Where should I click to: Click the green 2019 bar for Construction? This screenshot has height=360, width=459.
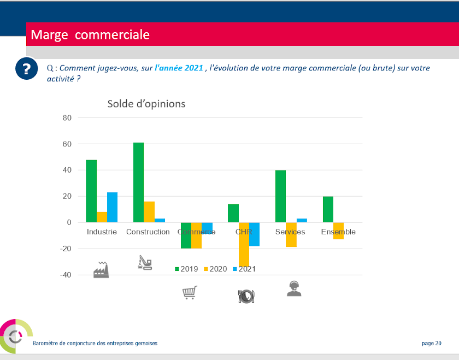pos(138,182)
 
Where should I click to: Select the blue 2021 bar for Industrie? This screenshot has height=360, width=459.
pos(112,207)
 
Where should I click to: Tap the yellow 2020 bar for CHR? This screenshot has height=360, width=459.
pos(244,244)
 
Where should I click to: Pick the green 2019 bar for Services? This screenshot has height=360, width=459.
pos(280,196)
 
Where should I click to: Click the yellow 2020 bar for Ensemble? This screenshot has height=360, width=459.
pos(338,231)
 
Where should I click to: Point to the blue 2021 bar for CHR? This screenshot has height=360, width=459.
pos(254,234)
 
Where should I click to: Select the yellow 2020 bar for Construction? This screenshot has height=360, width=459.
pos(149,212)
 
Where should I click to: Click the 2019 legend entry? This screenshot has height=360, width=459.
pos(186,269)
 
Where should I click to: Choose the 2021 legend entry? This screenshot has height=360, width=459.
pos(244,269)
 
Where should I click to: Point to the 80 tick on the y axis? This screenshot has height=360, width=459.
pos(67,118)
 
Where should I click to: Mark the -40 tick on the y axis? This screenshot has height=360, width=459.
pos(66,275)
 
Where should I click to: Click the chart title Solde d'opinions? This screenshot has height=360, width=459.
pos(146,104)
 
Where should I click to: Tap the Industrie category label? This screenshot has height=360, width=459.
pos(102,232)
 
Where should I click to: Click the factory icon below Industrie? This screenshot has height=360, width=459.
pos(101,269)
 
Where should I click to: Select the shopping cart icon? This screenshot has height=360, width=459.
pos(189,293)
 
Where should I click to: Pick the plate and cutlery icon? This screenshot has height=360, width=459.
pos(246,296)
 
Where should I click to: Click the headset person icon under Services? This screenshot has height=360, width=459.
pos(294,288)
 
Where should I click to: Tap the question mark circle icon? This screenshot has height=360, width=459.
pos(26,69)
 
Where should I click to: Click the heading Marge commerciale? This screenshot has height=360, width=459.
pos(90,35)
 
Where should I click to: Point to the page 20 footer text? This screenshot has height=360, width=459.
pos(431,343)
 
